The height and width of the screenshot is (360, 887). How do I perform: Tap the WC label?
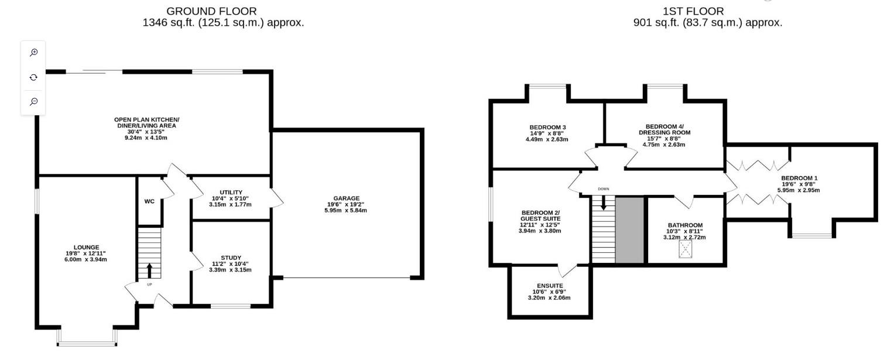(x=149, y=201)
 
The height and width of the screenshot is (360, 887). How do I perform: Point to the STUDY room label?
(x=231, y=258)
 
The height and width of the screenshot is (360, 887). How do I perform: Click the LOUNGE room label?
(x=86, y=247)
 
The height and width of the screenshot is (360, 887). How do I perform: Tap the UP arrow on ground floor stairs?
(x=149, y=270)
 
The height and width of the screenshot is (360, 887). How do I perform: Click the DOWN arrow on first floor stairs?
(x=603, y=204)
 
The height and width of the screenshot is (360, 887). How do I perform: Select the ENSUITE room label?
(x=547, y=286)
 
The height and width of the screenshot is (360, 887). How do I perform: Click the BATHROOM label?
(x=685, y=225)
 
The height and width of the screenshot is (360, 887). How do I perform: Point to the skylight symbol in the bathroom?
(x=685, y=250)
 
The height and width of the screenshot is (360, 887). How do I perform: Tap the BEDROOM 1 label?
(x=799, y=178)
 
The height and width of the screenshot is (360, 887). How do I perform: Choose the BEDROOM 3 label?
(x=547, y=127)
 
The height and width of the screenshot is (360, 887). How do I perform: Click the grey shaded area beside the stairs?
(x=629, y=230)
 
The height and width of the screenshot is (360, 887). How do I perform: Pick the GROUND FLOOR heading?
(x=211, y=11)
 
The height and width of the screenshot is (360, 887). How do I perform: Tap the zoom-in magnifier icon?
(x=34, y=53)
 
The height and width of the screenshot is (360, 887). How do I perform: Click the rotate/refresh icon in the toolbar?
(x=34, y=77)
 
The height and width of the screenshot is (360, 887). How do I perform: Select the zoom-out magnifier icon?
(x=34, y=102)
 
